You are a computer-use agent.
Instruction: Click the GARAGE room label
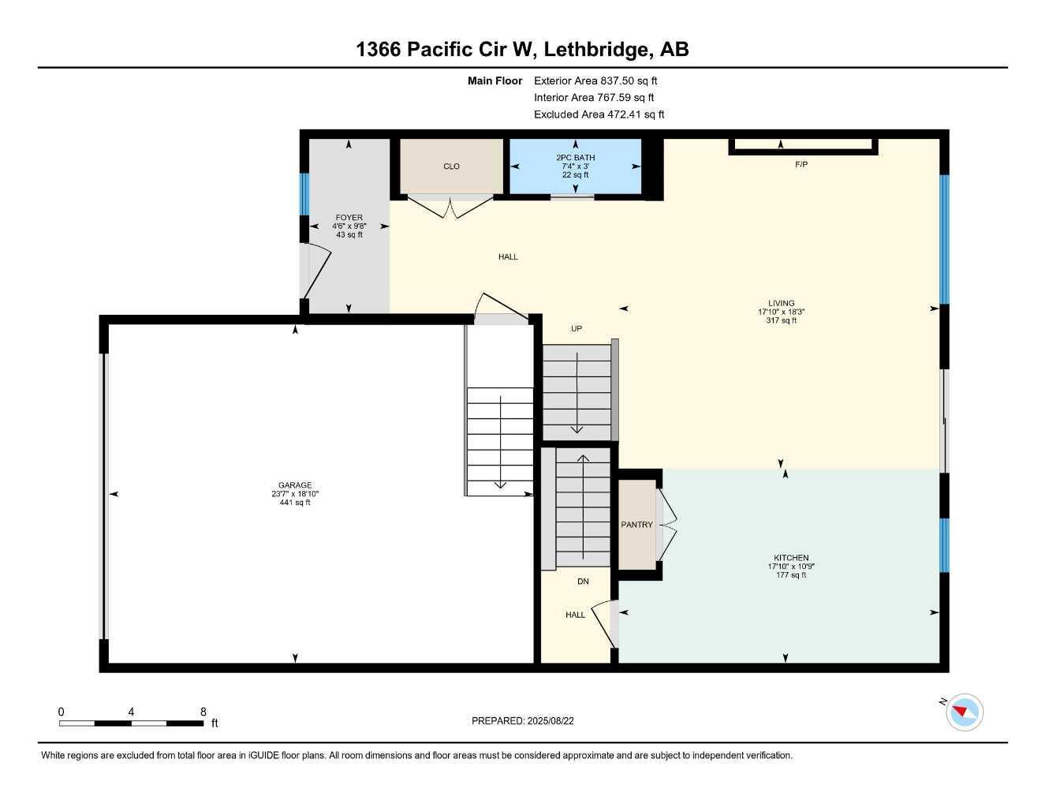pyautogui.click(x=295, y=485)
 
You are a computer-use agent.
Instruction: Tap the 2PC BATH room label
pyautogui.click(x=576, y=158)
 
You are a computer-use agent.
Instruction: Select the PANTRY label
pyautogui.click(x=636, y=525)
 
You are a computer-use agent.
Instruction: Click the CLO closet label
pyautogui.click(x=451, y=166)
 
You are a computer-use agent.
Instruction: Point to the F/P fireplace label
pyautogui.click(x=801, y=164)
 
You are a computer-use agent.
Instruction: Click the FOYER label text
pyautogui.click(x=349, y=218)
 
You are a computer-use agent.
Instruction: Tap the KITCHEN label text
pyautogui.click(x=791, y=558)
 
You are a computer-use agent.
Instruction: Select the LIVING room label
pyautogui.click(x=782, y=303)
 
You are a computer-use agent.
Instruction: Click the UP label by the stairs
pyautogui.click(x=577, y=329)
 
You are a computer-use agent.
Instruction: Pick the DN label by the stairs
pyautogui.click(x=583, y=582)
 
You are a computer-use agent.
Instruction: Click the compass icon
pyautogui.click(x=964, y=713)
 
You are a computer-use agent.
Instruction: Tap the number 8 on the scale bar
pyautogui.click(x=203, y=712)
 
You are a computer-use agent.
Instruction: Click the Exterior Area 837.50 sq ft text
pyautogui.click(x=595, y=80)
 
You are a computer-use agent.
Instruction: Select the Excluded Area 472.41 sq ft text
pyautogui.click(x=599, y=114)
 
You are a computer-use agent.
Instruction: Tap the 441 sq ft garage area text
pyautogui.click(x=295, y=503)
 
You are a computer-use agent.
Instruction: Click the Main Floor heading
pyautogui.click(x=495, y=80)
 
